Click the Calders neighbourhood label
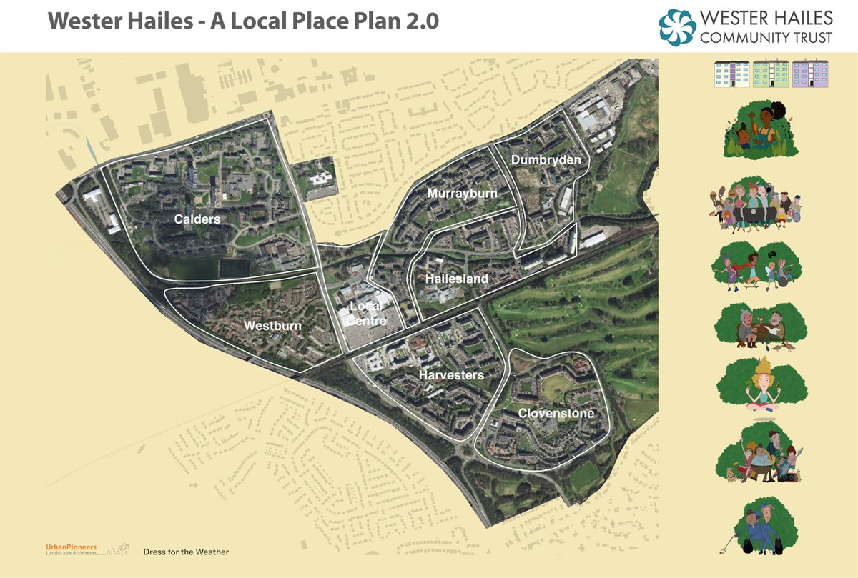point(197,219)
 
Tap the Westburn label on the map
point(272,326)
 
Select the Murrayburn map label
point(462,194)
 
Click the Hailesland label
point(457,279)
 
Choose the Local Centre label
point(367,314)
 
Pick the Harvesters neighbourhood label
point(451,375)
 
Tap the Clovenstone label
point(556,414)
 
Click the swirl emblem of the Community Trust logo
point(676,26)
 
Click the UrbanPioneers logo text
point(71,547)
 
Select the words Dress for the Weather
point(186,552)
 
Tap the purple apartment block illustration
point(810,74)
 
